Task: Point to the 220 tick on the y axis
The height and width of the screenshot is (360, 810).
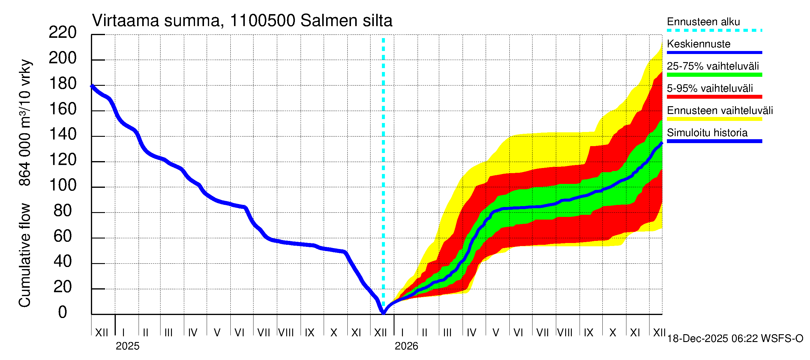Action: (63, 32)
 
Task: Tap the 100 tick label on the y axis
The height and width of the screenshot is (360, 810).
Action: (63, 185)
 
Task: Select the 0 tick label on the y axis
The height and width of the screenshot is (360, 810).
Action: (63, 313)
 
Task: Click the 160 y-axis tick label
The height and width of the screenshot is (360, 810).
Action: (63, 109)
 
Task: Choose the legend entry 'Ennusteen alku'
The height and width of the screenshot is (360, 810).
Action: (703, 22)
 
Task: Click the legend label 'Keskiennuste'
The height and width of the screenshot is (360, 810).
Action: (698, 44)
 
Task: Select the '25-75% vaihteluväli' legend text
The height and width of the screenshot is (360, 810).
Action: (712, 66)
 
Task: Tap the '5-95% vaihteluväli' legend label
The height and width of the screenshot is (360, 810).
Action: (710, 88)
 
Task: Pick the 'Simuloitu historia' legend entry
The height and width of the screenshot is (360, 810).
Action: (707, 133)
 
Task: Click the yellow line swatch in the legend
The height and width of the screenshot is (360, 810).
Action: (714, 119)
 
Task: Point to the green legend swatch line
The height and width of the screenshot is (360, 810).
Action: (714, 75)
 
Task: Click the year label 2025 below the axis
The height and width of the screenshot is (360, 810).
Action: (127, 346)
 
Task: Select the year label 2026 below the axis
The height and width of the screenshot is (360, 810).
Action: (406, 346)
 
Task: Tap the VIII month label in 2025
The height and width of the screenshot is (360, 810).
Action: (286, 333)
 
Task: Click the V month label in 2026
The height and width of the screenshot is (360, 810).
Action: (496, 333)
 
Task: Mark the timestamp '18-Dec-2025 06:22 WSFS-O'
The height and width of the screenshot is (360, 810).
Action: (735, 339)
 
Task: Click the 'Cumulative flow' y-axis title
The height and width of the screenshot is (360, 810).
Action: (25, 255)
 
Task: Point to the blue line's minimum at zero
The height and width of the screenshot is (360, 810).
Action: (383, 313)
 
